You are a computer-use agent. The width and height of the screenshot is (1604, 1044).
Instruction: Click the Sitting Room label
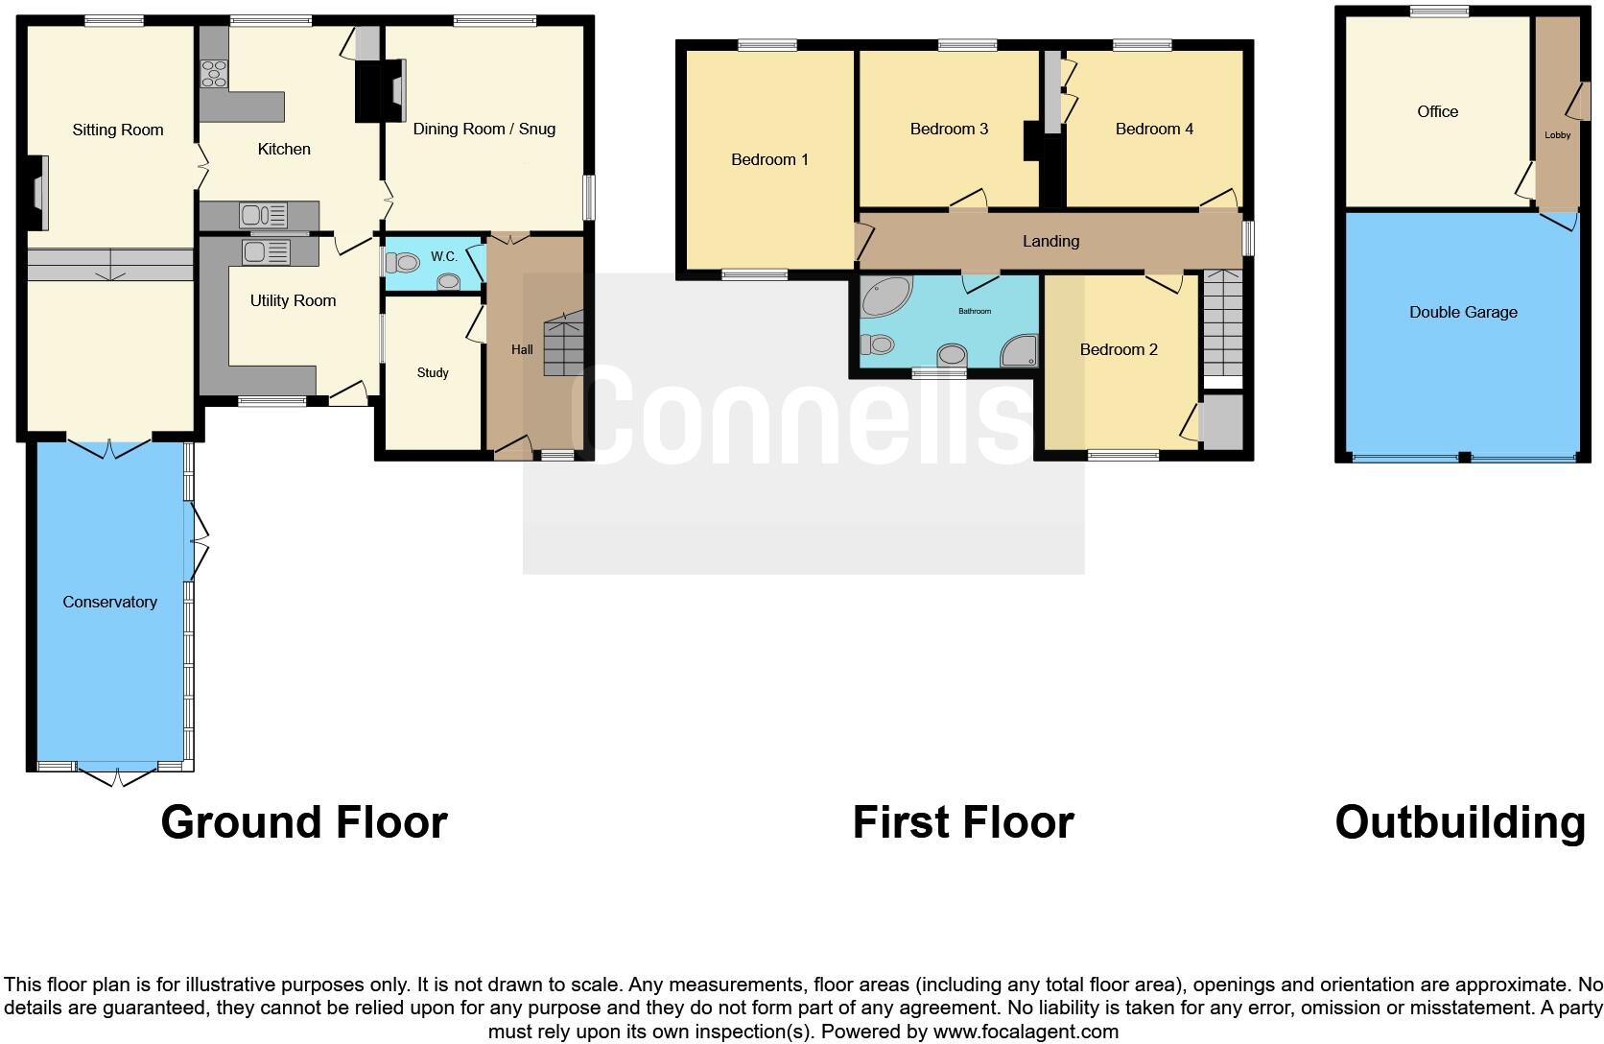[x=118, y=130]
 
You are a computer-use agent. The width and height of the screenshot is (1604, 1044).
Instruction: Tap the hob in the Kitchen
[x=213, y=74]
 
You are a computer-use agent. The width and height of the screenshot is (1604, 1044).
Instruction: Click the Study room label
[x=433, y=372]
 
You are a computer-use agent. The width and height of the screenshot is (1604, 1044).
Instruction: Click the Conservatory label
[x=109, y=602]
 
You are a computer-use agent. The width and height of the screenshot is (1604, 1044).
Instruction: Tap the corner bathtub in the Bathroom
[x=881, y=297]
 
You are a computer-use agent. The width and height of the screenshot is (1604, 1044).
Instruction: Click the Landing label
[x=1050, y=241]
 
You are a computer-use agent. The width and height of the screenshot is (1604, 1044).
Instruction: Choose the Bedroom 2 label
[x=1119, y=349]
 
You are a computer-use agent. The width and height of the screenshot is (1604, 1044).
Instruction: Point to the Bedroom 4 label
[x=1154, y=129]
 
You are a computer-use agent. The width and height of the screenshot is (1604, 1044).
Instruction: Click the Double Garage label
[x=1463, y=312]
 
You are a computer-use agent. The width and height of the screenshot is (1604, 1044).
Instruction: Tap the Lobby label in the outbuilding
[x=1557, y=135]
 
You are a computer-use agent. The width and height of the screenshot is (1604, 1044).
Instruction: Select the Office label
[x=1437, y=111]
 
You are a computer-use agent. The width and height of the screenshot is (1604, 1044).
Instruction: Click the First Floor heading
[x=962, y=822]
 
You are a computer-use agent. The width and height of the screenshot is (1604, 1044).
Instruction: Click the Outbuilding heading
[x=1459, y=822]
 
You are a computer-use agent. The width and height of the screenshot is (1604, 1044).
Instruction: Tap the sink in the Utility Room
[x=266, y=252]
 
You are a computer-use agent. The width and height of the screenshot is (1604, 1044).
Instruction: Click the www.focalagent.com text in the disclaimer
[x=1026, y=1032]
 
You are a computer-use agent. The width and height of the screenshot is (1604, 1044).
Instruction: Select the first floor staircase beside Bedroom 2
[x=1222, y=326]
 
